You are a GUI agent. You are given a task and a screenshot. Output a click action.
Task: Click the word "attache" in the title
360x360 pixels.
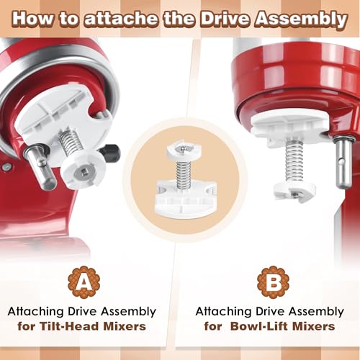pos(132,19)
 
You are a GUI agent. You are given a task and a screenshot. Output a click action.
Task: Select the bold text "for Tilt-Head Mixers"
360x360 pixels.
pos(82,326)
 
